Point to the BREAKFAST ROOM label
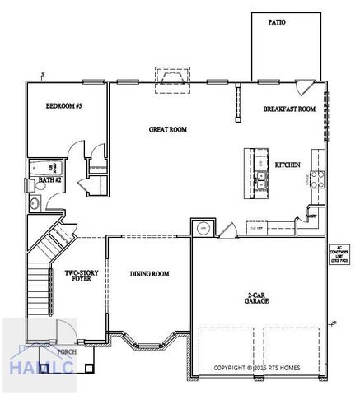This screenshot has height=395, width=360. (289, 109)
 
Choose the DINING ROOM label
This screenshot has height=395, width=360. (149, 274)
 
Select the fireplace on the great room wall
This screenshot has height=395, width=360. (172, 77)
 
